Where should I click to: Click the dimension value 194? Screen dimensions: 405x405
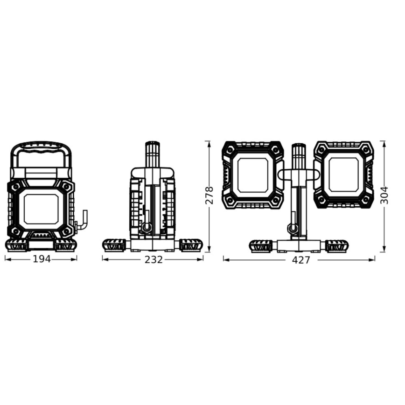tap(42, 259)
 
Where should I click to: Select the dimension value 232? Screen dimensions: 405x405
tap(153, 259)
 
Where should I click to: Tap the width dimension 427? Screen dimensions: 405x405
tap(301, 260)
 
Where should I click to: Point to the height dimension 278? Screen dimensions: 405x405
tap(209, 195)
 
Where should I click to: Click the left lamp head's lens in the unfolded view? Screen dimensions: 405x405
tap(252, 175)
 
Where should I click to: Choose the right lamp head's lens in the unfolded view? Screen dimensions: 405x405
tap(343, 175)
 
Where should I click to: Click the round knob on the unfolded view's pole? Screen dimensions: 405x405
tap(293, 229)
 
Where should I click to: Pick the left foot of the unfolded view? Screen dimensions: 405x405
tap(261, 245)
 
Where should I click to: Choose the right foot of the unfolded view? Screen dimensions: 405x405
tap(336, 245)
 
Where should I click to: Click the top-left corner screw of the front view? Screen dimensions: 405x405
tap(16, 187)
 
